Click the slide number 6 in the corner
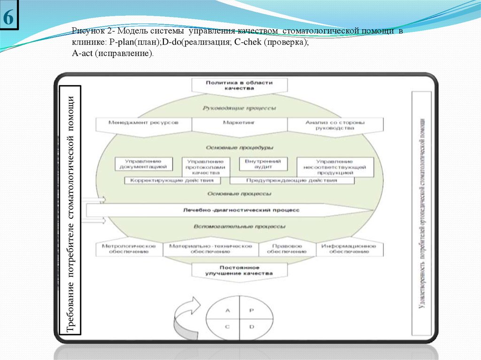(x=9, y=18)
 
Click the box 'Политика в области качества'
(x=239, y=85)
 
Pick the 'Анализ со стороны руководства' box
(x=335, y=125)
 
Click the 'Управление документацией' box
(x=143, y=163)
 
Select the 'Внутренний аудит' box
(x=263, y=163)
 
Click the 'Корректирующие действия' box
(x=172, y=180)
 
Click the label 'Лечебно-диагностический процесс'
(x=241, y=210)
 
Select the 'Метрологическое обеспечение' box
(x=129, y=249)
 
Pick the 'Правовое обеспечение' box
(x=287, y=249)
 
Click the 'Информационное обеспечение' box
(x=349, y=249)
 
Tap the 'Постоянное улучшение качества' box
(x=239, y=270)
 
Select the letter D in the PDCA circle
(x=251, y=326)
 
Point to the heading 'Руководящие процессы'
(x=239, y=108)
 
